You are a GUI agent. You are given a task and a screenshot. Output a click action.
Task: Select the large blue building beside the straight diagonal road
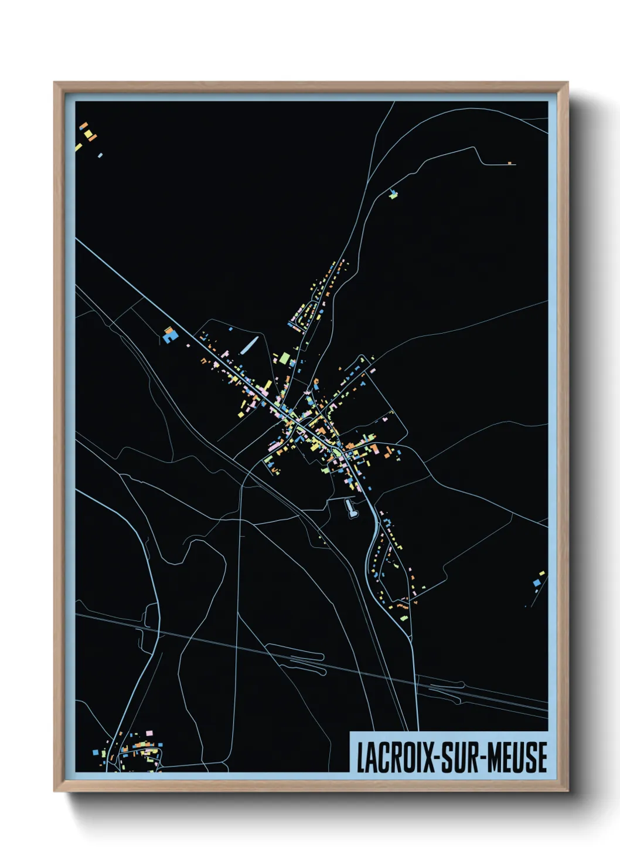(170, 336)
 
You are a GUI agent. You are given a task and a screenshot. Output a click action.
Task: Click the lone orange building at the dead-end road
(509, 162)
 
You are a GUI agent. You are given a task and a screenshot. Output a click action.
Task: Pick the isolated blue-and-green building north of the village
(393, 194)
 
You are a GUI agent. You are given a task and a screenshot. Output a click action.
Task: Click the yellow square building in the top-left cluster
(89, 134)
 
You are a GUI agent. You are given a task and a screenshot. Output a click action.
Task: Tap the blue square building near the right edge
(536, 582)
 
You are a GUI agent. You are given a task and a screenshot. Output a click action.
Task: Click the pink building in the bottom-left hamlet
(149, 733)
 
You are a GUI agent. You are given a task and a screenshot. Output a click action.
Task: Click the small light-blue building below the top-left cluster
(100, 155)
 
